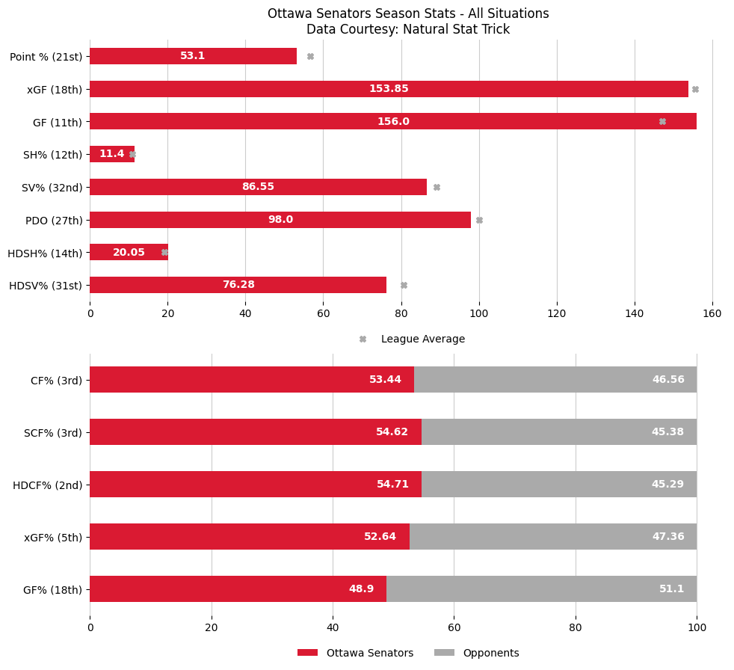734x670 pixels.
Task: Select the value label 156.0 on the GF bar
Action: click(x=393, y=122)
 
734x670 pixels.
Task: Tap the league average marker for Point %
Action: click(x=310, y=56)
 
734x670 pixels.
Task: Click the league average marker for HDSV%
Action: click(x=404, y=285)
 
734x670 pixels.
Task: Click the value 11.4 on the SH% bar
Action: click(x=111, y=154)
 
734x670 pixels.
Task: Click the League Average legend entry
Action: click(x=422, y=339)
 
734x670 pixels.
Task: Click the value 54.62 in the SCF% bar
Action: click(x=392, y=432)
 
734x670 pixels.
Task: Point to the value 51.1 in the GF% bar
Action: click(x=671, y=589)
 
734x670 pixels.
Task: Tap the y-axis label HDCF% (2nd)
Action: click(x=48, y=485)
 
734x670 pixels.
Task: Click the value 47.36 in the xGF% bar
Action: click(x=667, y=537)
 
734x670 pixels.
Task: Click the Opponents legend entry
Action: click(x=490, y=653)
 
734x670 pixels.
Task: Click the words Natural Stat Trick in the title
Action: click(x=459, y=30)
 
